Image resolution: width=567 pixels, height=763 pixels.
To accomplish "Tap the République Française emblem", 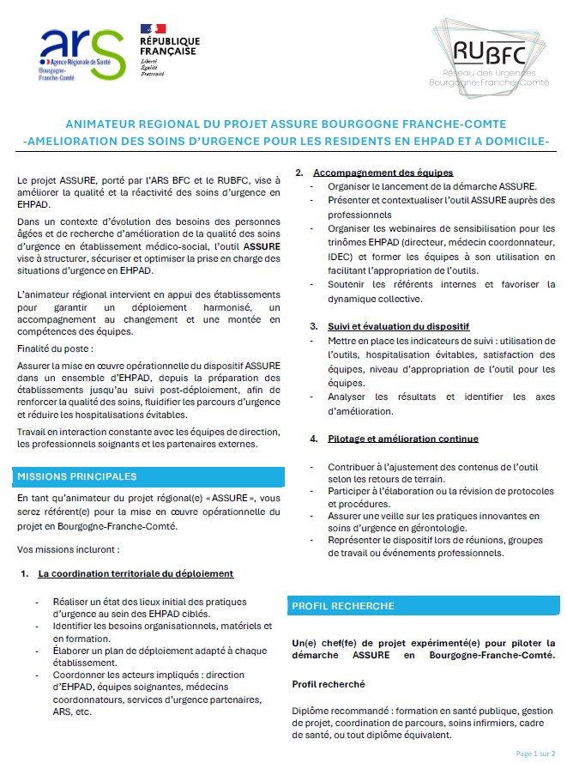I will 170,49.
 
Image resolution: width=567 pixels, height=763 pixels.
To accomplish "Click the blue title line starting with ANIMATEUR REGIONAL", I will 286,123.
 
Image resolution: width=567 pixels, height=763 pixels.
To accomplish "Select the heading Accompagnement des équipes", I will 383,173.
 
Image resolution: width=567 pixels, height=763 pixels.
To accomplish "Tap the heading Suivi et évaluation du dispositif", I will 398,326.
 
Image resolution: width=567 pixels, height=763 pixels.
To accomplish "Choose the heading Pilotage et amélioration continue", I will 403,439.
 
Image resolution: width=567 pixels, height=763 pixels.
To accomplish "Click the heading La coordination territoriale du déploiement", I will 136,573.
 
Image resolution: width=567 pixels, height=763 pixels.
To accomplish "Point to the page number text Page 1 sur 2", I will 534,753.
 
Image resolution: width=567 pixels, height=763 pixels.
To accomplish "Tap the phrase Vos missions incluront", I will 68,548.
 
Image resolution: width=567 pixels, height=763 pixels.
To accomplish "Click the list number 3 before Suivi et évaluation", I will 313,326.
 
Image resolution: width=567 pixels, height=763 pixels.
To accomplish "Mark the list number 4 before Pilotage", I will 313,439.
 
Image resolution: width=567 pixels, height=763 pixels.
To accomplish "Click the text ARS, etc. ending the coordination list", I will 71,712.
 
